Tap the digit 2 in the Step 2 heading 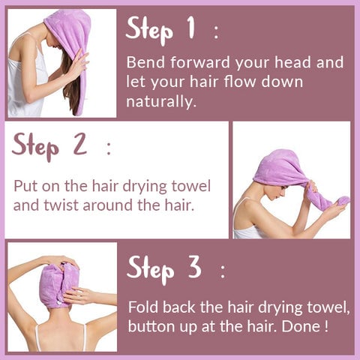80,144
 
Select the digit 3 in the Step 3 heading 195,267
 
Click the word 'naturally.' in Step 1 160,101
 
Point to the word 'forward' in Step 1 200,62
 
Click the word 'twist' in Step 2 60,205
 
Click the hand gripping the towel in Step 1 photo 79,63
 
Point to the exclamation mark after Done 326,325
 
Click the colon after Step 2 109,148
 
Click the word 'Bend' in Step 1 145,62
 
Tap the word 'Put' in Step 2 25,186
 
